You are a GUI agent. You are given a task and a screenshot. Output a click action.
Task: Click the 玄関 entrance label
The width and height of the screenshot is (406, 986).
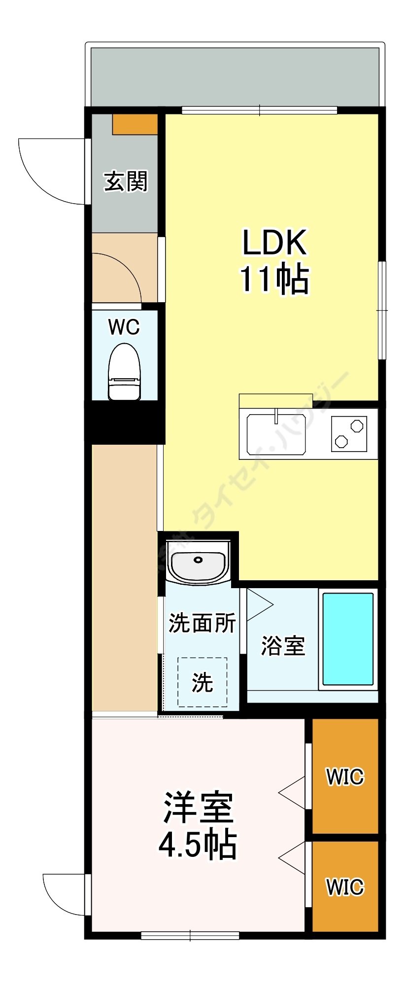tap(126, 181)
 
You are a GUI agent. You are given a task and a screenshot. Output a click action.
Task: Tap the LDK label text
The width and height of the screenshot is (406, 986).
tap(274, 242)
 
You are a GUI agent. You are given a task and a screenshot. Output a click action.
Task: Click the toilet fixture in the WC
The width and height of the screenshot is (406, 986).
tap(124, 373)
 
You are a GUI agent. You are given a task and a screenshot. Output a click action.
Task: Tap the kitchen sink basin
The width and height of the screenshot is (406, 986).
tap(276, 434)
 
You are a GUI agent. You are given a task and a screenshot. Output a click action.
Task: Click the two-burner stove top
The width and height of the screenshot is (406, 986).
tap(349, 433)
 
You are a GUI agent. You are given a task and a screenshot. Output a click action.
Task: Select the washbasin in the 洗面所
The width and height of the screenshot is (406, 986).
tap(198, 563)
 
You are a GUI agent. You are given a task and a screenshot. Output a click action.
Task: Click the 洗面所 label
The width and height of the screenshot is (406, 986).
tap(202, 623)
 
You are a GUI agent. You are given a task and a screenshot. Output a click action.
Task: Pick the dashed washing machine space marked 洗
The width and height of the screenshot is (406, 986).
tap(202, 682)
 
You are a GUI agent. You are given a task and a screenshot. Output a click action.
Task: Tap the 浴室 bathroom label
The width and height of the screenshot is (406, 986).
tap(283, 645)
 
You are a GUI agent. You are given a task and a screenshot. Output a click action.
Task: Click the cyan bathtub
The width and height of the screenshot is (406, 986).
tap(347, 639)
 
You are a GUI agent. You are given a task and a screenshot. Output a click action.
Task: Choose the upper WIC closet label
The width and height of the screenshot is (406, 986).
tap(345, 777)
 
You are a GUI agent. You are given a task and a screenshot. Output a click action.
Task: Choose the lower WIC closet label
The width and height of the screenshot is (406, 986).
tap(345, 887)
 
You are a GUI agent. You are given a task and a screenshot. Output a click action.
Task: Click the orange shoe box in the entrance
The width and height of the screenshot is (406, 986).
tap(135, 124)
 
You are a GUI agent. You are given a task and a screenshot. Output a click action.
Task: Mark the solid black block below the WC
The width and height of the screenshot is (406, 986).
tap(124, 422)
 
